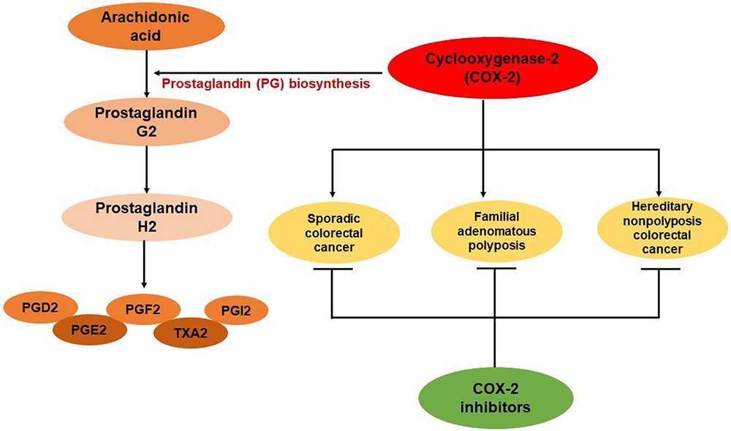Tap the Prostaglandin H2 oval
click(146, 215)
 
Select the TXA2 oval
click(190, 332)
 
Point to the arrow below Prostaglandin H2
click(144, 262)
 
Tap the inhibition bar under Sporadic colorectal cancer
click(333, 269)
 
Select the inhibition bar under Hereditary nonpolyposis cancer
click(659, 269)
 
